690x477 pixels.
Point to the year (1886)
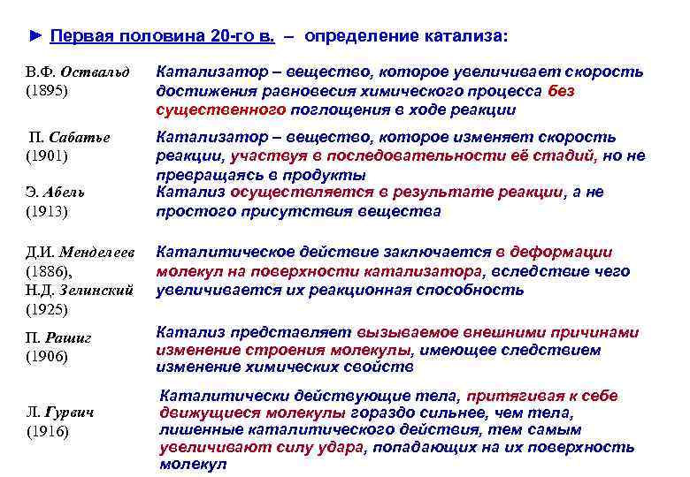pyautogui.click(x=50, y=272)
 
